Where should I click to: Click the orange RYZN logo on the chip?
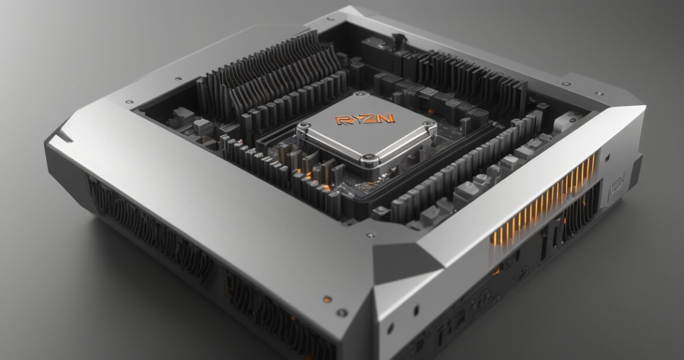click(x=365, y=119)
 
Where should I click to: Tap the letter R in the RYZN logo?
click(x=342, y=120)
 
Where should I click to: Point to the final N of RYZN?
click(x=387, y=118)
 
